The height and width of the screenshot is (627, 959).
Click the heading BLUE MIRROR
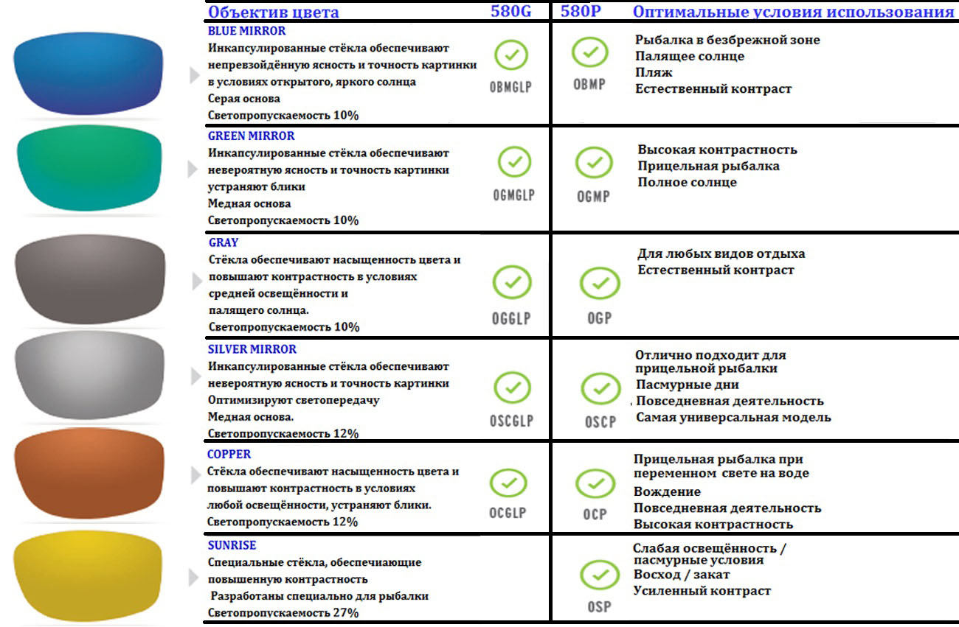point(246,32)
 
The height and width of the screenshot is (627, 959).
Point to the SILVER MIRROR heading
point(252,349)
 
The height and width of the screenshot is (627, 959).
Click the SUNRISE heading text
point(232,545)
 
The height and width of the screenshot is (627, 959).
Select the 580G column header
point(510,12)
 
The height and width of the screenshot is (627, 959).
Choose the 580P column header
point(580,12)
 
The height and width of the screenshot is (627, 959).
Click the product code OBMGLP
point(510,87)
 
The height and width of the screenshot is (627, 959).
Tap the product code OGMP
point(593,196)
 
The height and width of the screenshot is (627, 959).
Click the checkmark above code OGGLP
point(512,281)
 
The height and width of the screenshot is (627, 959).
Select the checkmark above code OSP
point(598,575)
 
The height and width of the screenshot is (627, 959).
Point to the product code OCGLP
point(508,513)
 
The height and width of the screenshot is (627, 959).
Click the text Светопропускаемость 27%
point(283,613)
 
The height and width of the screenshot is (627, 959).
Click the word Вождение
point(667,491)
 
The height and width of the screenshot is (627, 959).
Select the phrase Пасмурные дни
point(687,385)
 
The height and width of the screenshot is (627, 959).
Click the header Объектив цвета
point(273,12)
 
